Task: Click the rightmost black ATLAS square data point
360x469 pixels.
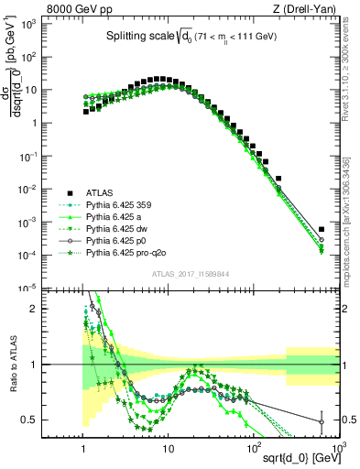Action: pyautogui.click(x=321, y=230)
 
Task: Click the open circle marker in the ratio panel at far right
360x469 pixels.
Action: pyautogui.click(x=321, y=422)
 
